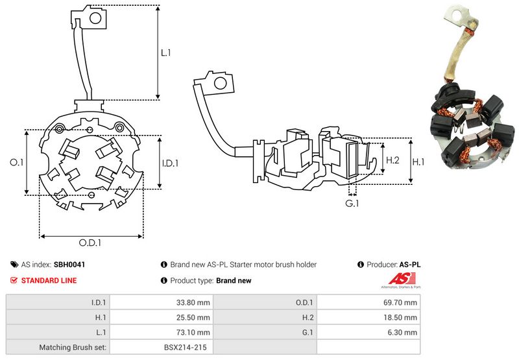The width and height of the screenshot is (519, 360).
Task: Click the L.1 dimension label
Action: point(167,53)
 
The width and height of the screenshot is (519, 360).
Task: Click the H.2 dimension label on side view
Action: point(392,160)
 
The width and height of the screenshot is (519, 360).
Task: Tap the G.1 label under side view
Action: point(352,204)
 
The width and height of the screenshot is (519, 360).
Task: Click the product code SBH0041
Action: point(69,265)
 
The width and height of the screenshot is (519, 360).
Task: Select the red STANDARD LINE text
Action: point(49,281)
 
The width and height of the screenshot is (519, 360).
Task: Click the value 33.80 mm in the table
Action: point(193,302)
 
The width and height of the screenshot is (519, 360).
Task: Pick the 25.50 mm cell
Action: point(193,317)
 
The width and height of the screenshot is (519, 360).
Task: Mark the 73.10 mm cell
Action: point(193,332)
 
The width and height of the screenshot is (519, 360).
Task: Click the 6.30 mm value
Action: point(402,332)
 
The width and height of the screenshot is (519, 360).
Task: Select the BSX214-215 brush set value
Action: point(186,348)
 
